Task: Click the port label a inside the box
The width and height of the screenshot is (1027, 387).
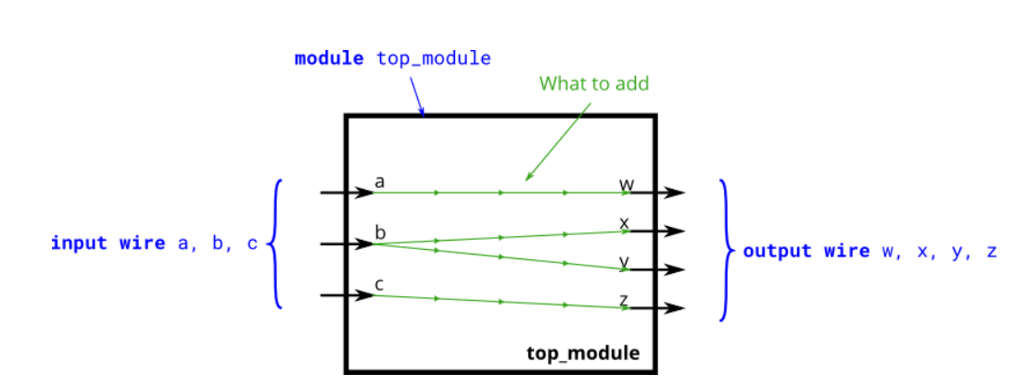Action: click(x=380, y=181)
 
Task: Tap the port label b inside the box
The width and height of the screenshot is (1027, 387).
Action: click(x=380, y=231)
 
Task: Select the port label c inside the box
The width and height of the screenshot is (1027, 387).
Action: click(x=380, y=283)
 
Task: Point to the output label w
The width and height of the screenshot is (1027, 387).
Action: click(x=628, y=184)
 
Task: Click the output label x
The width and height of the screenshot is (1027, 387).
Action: click(x=625, y=223)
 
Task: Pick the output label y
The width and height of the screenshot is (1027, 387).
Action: click(x=625, y=263)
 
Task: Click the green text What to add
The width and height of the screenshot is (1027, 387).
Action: click(x=594, y=83)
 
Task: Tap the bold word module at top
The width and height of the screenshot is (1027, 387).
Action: click(x=329, y=58)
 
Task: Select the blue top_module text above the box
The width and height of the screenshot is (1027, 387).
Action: click(x=433, y=58)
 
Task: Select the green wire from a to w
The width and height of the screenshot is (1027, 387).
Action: click(x=501, y=193)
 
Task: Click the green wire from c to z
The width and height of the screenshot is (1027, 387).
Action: click(x=501, y=302)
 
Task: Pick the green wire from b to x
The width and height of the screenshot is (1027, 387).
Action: click(x=501, y=238)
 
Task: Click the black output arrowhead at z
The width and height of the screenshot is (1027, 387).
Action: click(x=677, y=308)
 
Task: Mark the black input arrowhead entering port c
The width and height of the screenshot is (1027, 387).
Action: click(x=364, y=296)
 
